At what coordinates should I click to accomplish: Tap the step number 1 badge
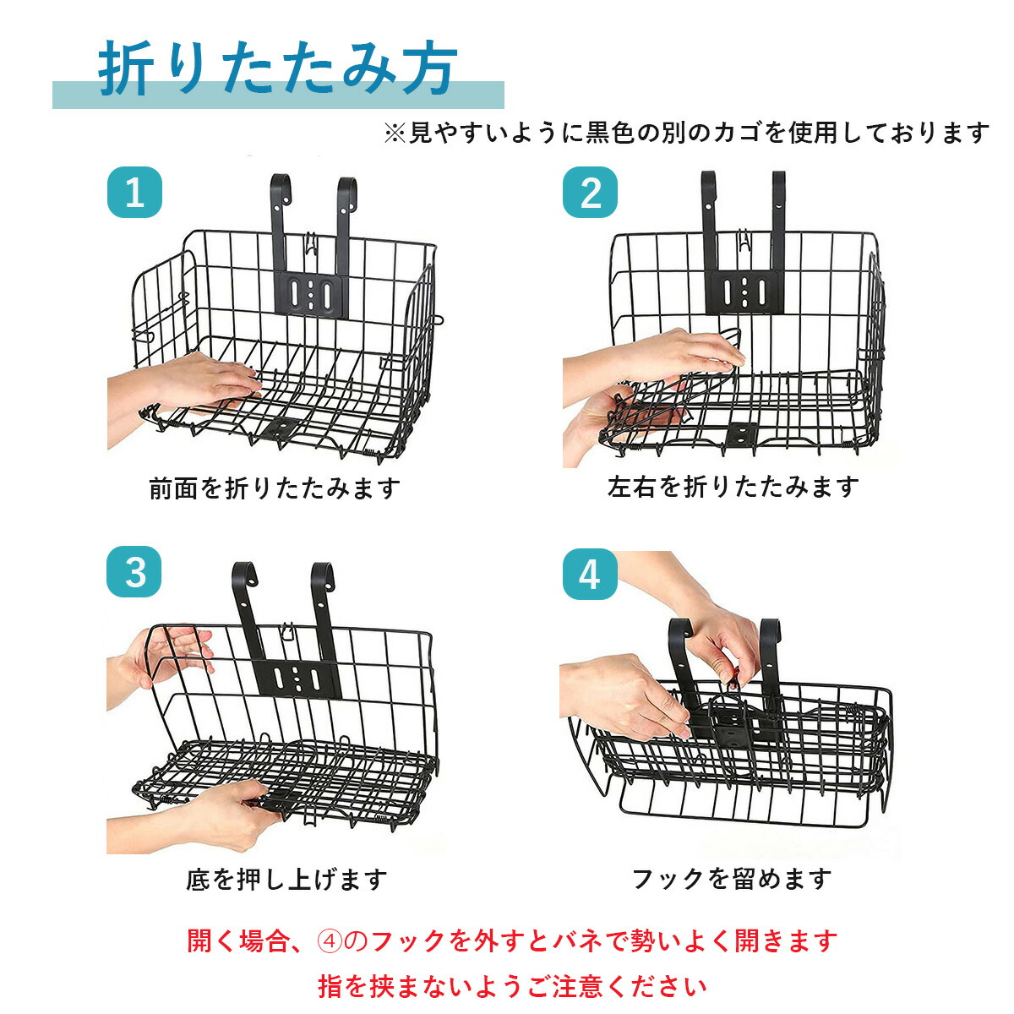134,193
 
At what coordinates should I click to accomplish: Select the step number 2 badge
590,193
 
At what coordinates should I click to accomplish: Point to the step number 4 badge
590,575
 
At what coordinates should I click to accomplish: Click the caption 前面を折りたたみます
274,488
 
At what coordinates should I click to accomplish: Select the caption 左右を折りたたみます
733,487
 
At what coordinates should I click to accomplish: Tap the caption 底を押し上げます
286,879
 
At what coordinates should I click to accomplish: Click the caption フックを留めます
732,879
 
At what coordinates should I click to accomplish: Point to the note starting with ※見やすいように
686,133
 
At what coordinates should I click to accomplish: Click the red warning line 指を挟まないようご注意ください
512,985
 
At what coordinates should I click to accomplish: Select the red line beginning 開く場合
512,940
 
